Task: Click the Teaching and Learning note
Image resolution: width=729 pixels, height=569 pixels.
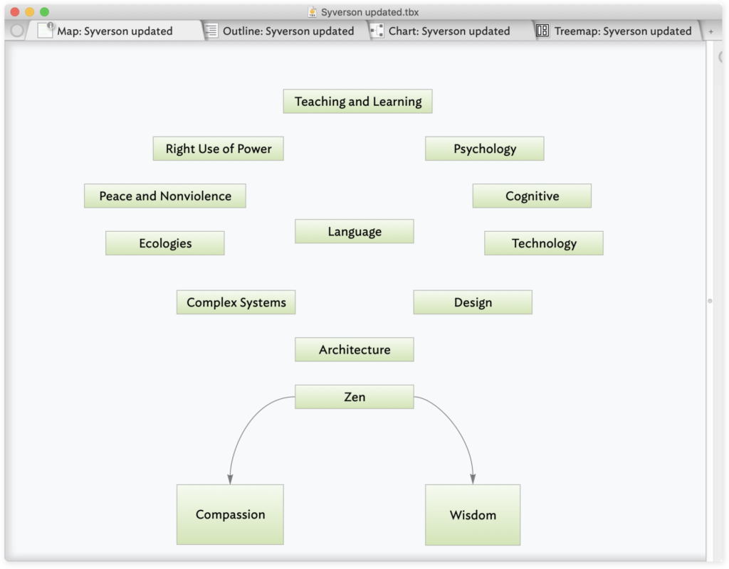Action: pyautogui.click(x=357, y=101)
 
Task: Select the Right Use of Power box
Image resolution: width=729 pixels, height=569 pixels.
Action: pyautogui.click(x=218, y=149)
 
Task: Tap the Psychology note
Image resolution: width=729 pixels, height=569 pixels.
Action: pyautogui.click(x=484, y=149)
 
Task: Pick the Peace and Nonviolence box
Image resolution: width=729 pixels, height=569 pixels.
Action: pyautogui.click(x=165, y=196)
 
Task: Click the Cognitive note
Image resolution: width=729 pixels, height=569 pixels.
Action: pyautogui.click(x=532, y=196)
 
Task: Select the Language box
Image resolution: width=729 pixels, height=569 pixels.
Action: pyautogui.click(x=355, y=231)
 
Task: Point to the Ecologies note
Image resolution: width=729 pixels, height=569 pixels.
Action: pyautogui.click(x=165, y=243)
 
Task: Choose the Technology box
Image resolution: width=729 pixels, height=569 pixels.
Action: pyautogui.click(x=544, y=243)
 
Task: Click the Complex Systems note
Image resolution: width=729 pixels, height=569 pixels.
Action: pyautogui.click(x=236, y=302)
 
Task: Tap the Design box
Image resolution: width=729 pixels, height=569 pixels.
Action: pyautogui.click(x=473, y=302)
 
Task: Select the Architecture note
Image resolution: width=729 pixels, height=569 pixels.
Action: pyautogui.click(x=355, y=349)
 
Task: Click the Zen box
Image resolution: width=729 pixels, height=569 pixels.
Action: pyautogui.click(x=355, y=397)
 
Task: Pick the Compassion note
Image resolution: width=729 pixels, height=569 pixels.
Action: pyautogui.click(x=230, y=515)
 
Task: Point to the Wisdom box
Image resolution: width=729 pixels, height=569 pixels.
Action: pyautogui.click(x=473, y=515)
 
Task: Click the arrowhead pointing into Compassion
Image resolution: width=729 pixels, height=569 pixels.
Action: pyautogui.click(x=230, y=479)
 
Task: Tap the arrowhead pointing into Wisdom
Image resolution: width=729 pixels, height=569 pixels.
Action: pyautogui.click(x=473, y=479)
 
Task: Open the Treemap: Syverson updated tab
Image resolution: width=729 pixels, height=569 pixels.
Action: pyautogui.click(x=614, y=31)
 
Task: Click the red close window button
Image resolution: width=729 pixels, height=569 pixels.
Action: pyautogui.click(x=15, y=11)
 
